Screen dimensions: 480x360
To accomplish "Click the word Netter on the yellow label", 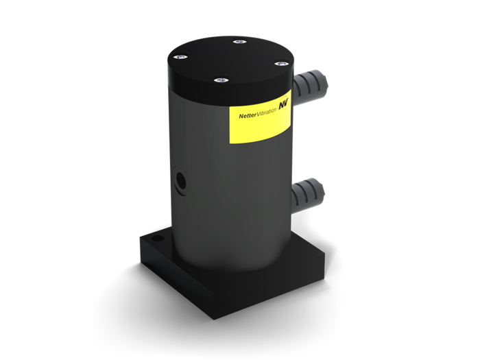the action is pos(248,115).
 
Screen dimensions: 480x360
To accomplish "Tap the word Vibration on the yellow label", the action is pos(267,111).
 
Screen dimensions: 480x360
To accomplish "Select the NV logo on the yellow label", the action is pos(283,105).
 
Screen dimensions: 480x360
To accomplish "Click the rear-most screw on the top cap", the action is pos(240,42).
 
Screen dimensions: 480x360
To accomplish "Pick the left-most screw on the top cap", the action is pos(180,57).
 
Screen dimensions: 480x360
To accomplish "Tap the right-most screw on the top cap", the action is pos(281,64).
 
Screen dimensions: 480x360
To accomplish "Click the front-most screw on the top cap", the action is pos(221,80).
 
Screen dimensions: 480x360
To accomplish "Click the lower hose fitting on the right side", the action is pos(307,195).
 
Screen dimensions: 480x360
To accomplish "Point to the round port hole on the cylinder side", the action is pos(180,181).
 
